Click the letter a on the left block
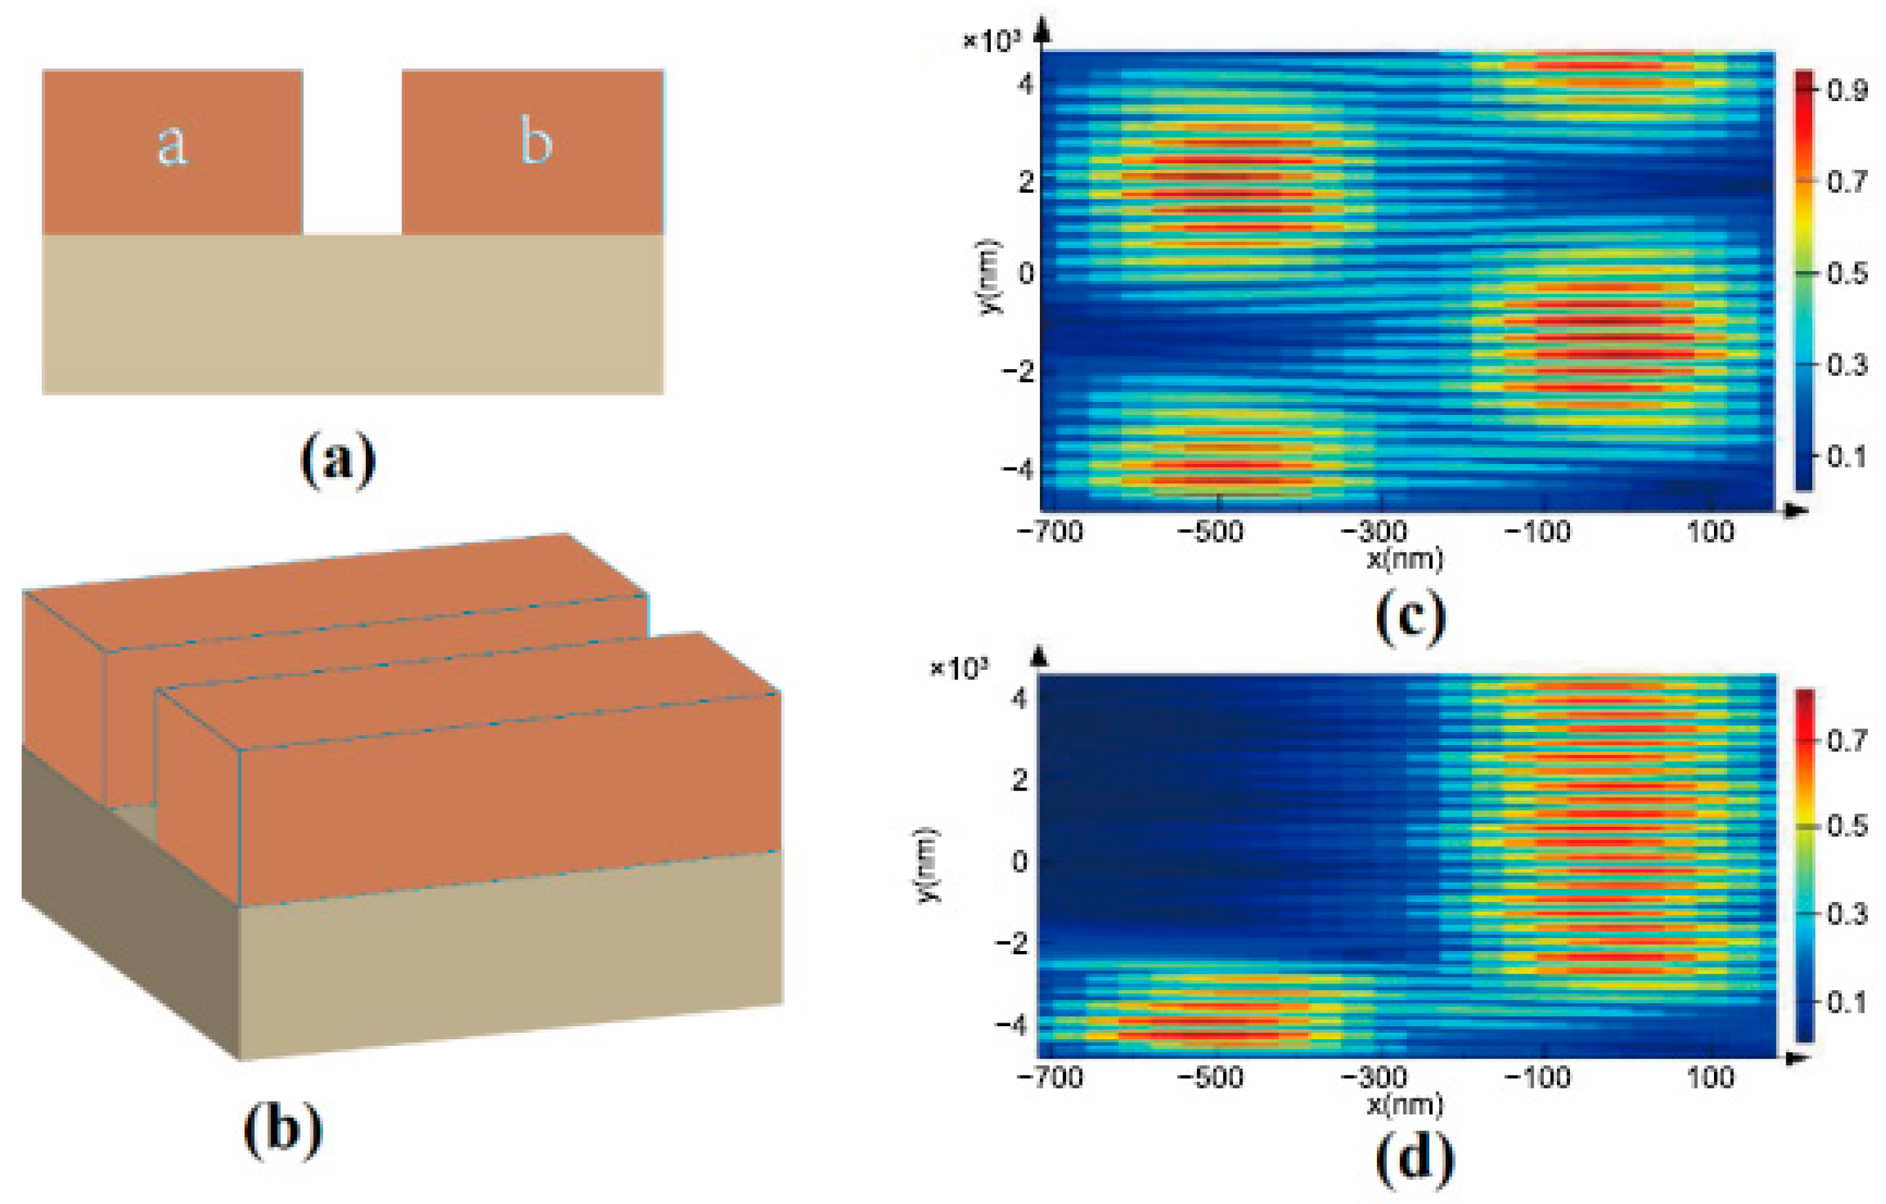[172, 144]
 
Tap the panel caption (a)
[338, 460]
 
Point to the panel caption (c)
[1410, 617]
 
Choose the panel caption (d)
[1414, 1158]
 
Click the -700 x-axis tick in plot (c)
[1049, 533]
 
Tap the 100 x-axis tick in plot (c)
[1710, 533]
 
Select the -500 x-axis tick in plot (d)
[1209, 1079]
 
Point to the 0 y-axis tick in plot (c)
[1025, 273]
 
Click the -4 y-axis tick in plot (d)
[1010, 1025]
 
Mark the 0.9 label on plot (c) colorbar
[1847, 91]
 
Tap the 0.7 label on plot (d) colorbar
[1847, 740]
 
